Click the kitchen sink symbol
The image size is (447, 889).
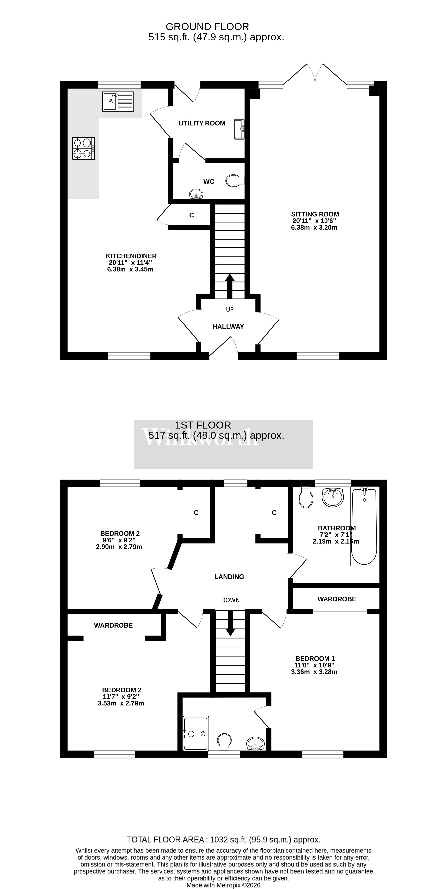pyautogui.click(x=118, y=101)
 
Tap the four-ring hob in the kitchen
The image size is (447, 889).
pyautogui.click(x=83, y=148)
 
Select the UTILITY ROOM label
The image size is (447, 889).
pyautogui.click(x=202, y=123)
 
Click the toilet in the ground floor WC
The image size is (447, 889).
pyautogui.click(x=235, y=180)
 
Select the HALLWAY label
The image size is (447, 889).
pyautogui.click(x=228, y=326)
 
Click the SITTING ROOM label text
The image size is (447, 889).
pyautogui.click(x=315, y=214)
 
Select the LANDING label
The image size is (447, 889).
pyautogui.click(x=229, y=577)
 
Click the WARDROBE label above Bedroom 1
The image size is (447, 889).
pyautogui.click(x=336, y=599)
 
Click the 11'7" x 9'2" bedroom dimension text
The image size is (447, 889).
pyautogui.click(x=121, y=697)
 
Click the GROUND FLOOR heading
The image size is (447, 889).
pyautogui.click(x=207, y=27)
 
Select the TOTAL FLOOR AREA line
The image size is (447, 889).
pyautogui.click(x=223, y=840)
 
